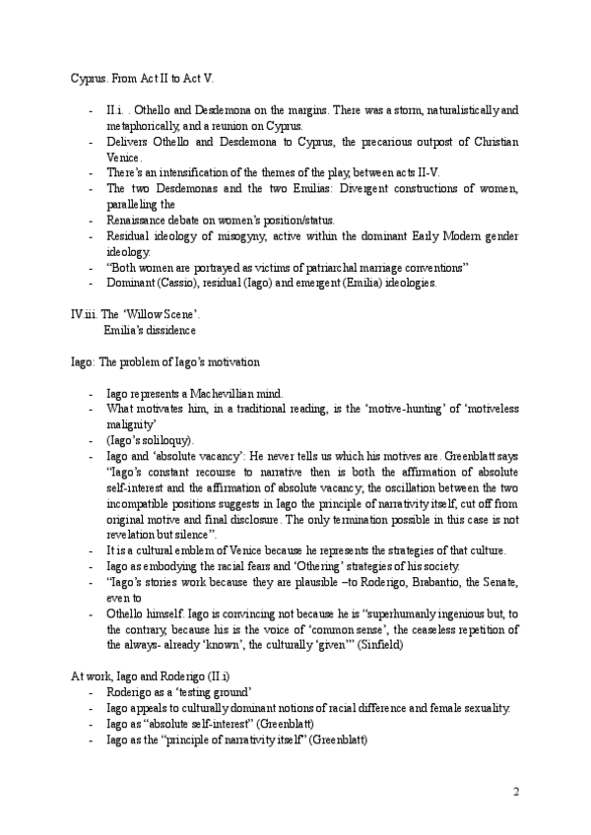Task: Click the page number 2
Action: tap(515, 792)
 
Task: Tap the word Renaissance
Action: tap(138, 220)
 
